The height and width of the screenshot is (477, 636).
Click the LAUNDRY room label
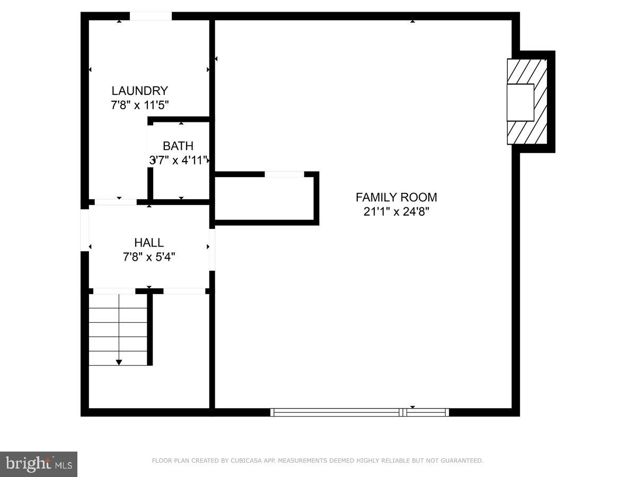pos(139,91)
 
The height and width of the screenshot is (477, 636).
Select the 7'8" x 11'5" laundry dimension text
pos(139,105)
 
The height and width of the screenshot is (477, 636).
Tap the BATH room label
pos(178,146)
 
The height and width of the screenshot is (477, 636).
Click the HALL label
pos(149,243)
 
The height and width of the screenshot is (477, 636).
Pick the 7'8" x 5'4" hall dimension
pos(149,257)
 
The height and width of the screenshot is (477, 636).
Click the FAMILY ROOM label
pos(396,197)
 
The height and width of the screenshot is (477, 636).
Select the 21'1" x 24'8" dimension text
pos(396,211)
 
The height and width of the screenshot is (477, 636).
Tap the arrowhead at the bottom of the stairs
pos(119,362)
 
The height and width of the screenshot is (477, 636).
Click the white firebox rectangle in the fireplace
pos(520,102)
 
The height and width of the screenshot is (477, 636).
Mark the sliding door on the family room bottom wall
pos(359,412)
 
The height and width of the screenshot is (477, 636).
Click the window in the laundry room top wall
pos(151,16)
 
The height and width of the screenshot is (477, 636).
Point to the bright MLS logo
pos(39,464)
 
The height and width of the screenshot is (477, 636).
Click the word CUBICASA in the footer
pos(244,461)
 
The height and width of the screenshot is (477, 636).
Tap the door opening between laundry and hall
pos(116,202)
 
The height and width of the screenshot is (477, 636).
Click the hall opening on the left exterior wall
pos(84,231)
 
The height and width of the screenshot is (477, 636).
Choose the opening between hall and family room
pos(212,249)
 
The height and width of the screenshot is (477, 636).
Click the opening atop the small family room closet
pos(284,174)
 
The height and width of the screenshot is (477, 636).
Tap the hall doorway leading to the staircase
pos(114,291)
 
